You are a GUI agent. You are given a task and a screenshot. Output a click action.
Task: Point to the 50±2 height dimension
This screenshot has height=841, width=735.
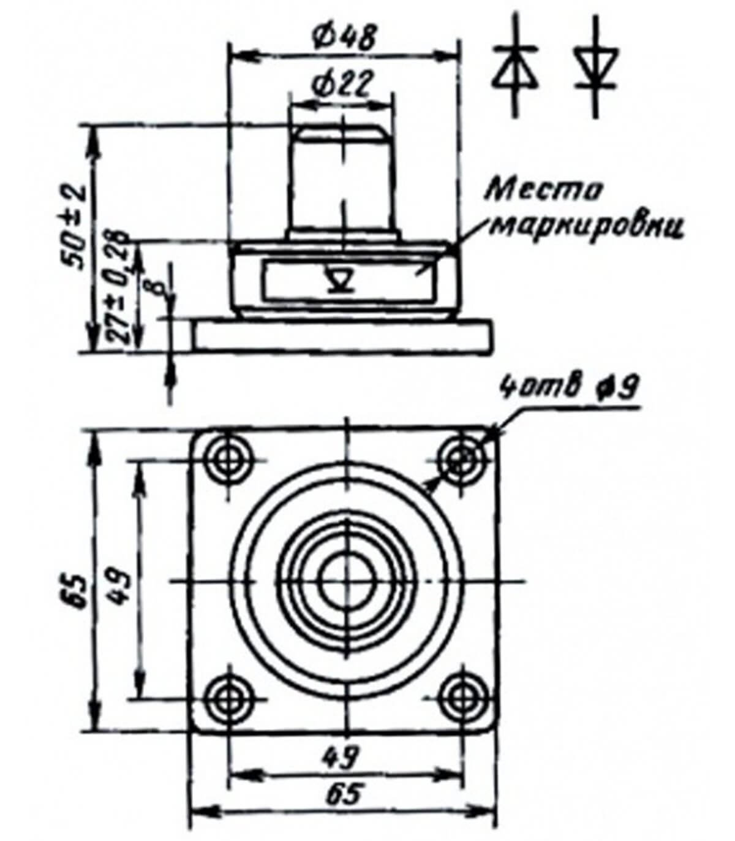75,227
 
